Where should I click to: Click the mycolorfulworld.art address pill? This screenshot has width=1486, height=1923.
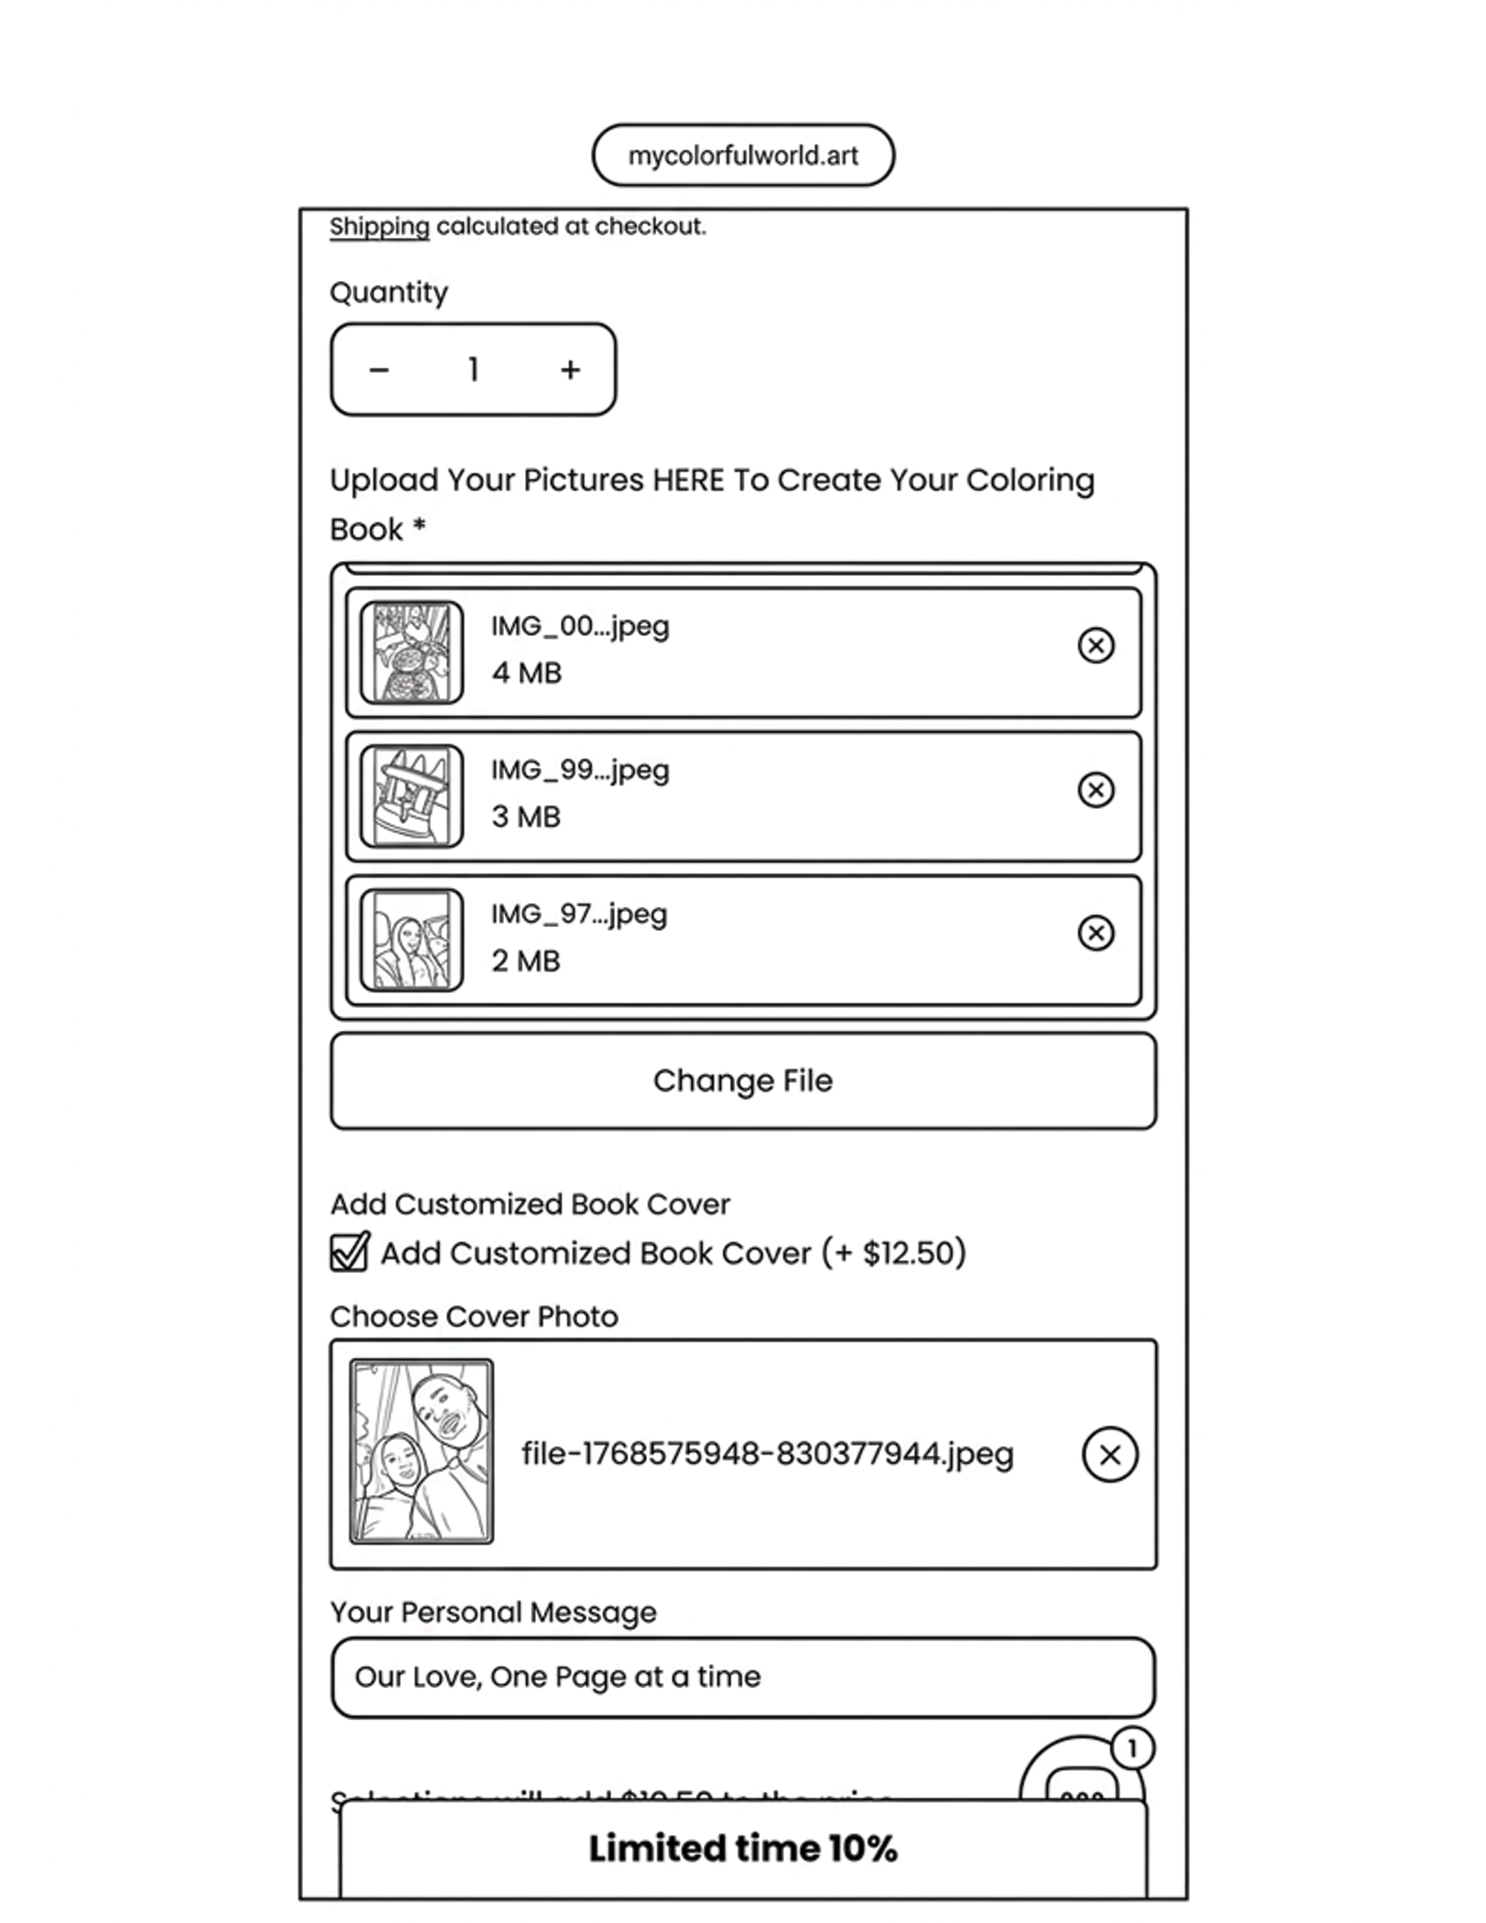pyautogui.click(x=743, y=156)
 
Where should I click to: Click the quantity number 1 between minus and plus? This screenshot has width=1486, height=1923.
pyautogui.click(x=474, y=369)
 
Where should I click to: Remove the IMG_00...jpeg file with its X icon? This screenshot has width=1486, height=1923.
pyautogui.click(x=1095, y=646)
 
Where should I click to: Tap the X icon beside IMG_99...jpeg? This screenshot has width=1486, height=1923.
pyautogui.click(x=1095, y=790)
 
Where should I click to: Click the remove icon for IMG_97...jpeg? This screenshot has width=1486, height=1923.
pyautogui.click(x=1095, y=934)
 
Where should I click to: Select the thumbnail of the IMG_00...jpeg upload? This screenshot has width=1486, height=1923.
pyautogui.click(x=411, y=653)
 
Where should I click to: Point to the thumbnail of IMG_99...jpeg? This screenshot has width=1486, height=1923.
pyautogui.click(x=411, y=796)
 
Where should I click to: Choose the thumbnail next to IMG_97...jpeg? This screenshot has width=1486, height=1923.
pyautogui.click(x=411, y=939)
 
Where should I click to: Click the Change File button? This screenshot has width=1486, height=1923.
pyautogui.click(x=743, y=1080)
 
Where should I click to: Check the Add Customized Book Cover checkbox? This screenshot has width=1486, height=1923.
pyautogui.click(x=350, y=1252)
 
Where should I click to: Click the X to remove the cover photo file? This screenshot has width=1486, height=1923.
pyautogui.click(x=1109, y=1454)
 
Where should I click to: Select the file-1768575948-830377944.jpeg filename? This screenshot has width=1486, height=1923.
pyautogui.click(x=767, y=1454)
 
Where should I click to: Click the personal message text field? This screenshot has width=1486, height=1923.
pyautogui.click(x=743, y=1677)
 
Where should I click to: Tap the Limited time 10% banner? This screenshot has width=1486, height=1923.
pyautogui.click(x=743, y=1849)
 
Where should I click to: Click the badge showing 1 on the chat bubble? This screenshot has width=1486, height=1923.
pyautogui.click(x=1132, y=1749)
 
